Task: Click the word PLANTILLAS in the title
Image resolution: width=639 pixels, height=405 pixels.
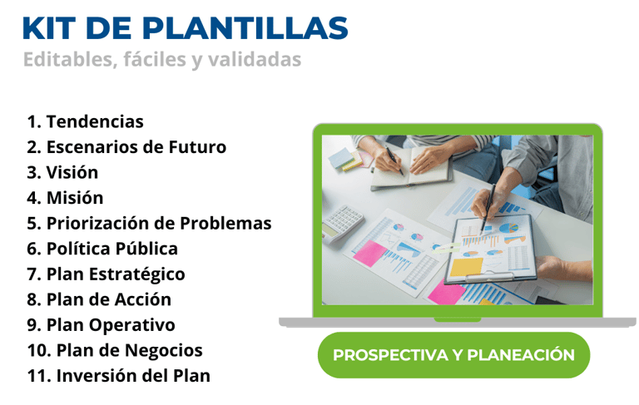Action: [245, 28]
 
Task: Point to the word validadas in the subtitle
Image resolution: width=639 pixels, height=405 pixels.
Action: [255, 59]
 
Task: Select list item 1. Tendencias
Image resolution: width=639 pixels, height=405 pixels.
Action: [85, 121]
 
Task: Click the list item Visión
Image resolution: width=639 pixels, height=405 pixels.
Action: [62, 172]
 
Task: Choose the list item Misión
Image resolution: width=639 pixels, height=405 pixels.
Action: [65, 198]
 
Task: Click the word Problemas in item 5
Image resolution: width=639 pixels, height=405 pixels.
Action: [225, 223]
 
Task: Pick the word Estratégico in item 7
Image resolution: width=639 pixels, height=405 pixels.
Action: [137, 274]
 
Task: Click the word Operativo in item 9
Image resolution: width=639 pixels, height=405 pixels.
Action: [132, 325]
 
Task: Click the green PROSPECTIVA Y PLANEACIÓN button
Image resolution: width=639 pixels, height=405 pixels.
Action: [454, 355]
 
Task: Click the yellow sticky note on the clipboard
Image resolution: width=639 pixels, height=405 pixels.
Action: [467, 267]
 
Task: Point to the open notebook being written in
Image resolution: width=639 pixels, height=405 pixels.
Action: [411, 168]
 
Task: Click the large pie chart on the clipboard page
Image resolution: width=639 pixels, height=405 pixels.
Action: [508, 228]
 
